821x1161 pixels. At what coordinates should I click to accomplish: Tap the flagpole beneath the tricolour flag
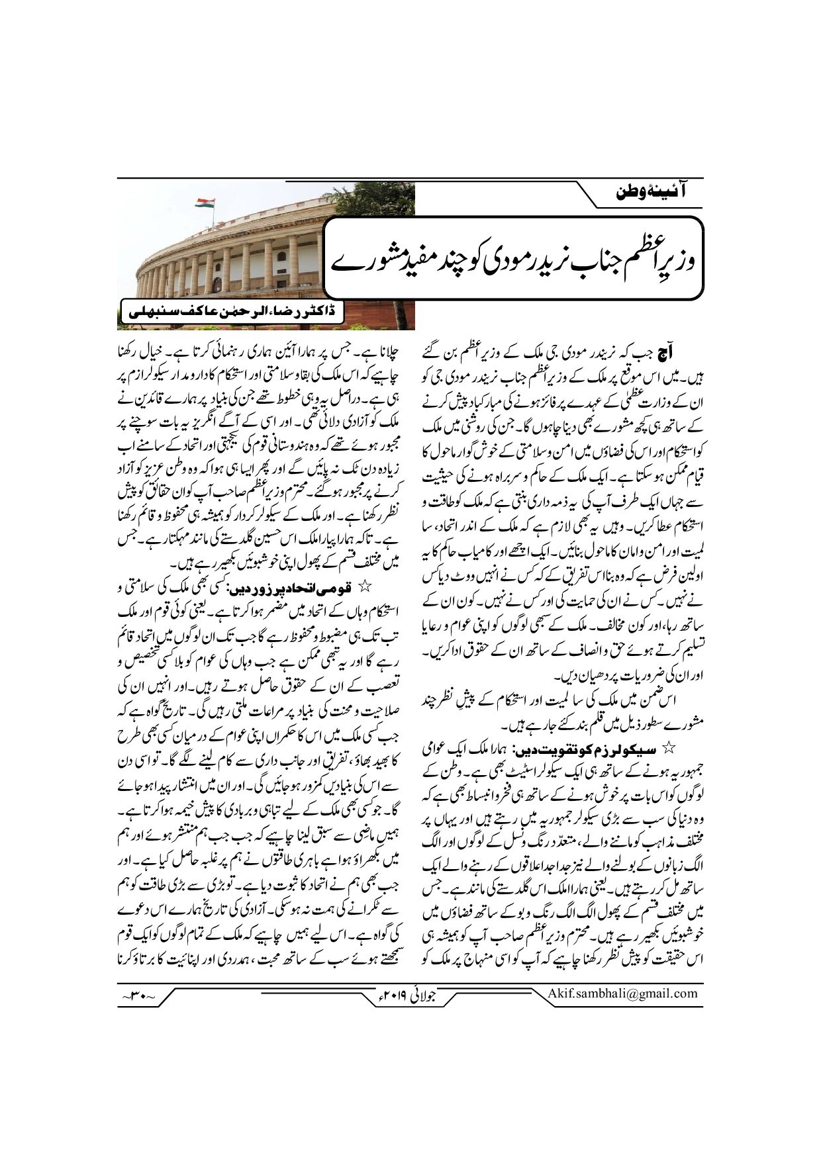point(197,218)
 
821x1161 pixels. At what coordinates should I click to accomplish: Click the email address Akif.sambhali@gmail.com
point(622,993)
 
